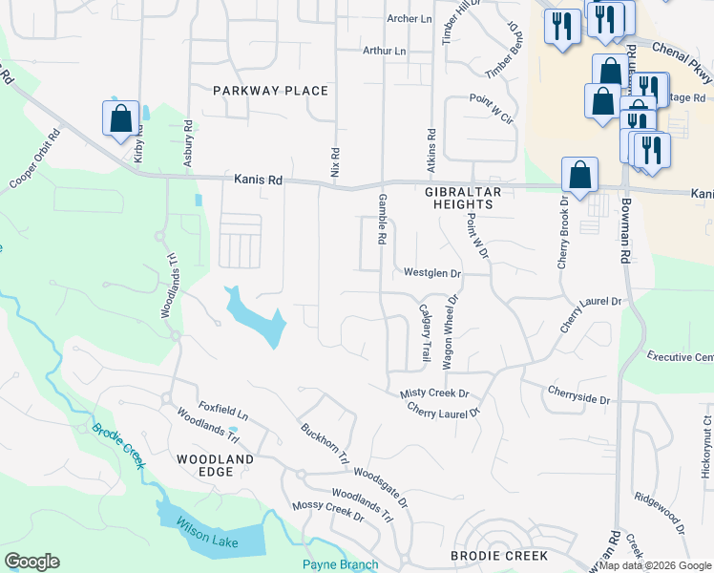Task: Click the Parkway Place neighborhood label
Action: coord(270,91)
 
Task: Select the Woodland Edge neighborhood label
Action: coord(216,459)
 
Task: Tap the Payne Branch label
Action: coord(341,564)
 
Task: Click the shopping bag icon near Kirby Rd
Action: coord(121,119)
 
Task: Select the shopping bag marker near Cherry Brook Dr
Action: coord(579,175)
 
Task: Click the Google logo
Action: coord(31,562)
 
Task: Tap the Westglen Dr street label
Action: coord(432,273)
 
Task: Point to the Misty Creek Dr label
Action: coord(435,393)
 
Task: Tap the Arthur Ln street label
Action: coord(384,51)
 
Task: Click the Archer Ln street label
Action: coord(409,18)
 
